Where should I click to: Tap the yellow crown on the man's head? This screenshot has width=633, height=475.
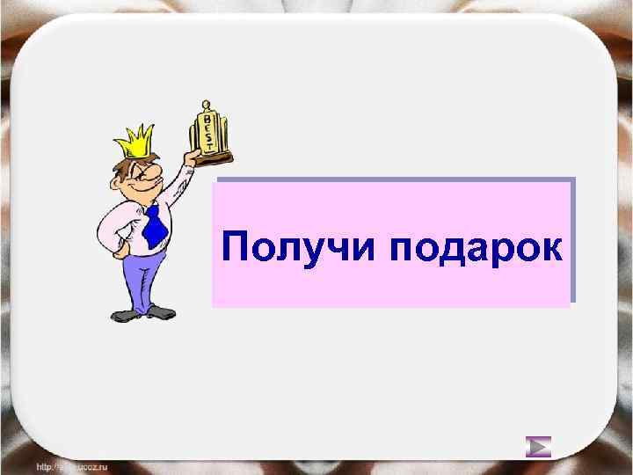pos(134,140)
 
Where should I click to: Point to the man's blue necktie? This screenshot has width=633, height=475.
pos(155,224)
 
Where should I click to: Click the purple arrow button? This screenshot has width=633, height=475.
pos(538,447)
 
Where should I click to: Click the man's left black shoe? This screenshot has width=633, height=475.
pos(122,314)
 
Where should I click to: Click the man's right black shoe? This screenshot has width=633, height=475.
pos(162,311)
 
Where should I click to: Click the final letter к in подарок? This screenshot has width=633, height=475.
pos(550,248)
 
